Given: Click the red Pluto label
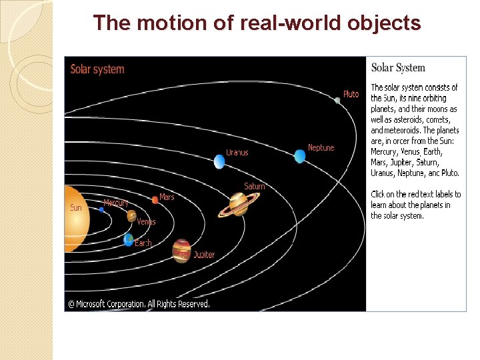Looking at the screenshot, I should [351, 94].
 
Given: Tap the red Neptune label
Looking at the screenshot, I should [321, 147].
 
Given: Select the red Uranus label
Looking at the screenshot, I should [237, 153].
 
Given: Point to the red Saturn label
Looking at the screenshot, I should [254, 187].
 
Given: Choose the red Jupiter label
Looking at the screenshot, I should [204, 255].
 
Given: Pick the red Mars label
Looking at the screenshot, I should [167, 197].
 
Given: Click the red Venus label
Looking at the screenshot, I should [146, 222].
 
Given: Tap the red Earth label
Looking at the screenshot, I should [143, 243].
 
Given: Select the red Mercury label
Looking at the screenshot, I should [116, 203].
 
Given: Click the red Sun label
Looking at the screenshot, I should [76, 208].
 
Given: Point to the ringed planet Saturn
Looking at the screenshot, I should [237, 204].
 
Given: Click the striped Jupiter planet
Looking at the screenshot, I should [181, 251].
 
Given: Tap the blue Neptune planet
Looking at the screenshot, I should [299, 156].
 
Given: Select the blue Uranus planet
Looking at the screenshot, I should [219, 161].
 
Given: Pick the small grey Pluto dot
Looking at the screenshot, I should [337, 100].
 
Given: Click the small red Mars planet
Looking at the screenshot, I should [155, 199].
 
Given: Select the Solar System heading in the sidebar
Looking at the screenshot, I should [398, 67].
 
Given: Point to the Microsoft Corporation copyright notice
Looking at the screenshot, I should [139, 304].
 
